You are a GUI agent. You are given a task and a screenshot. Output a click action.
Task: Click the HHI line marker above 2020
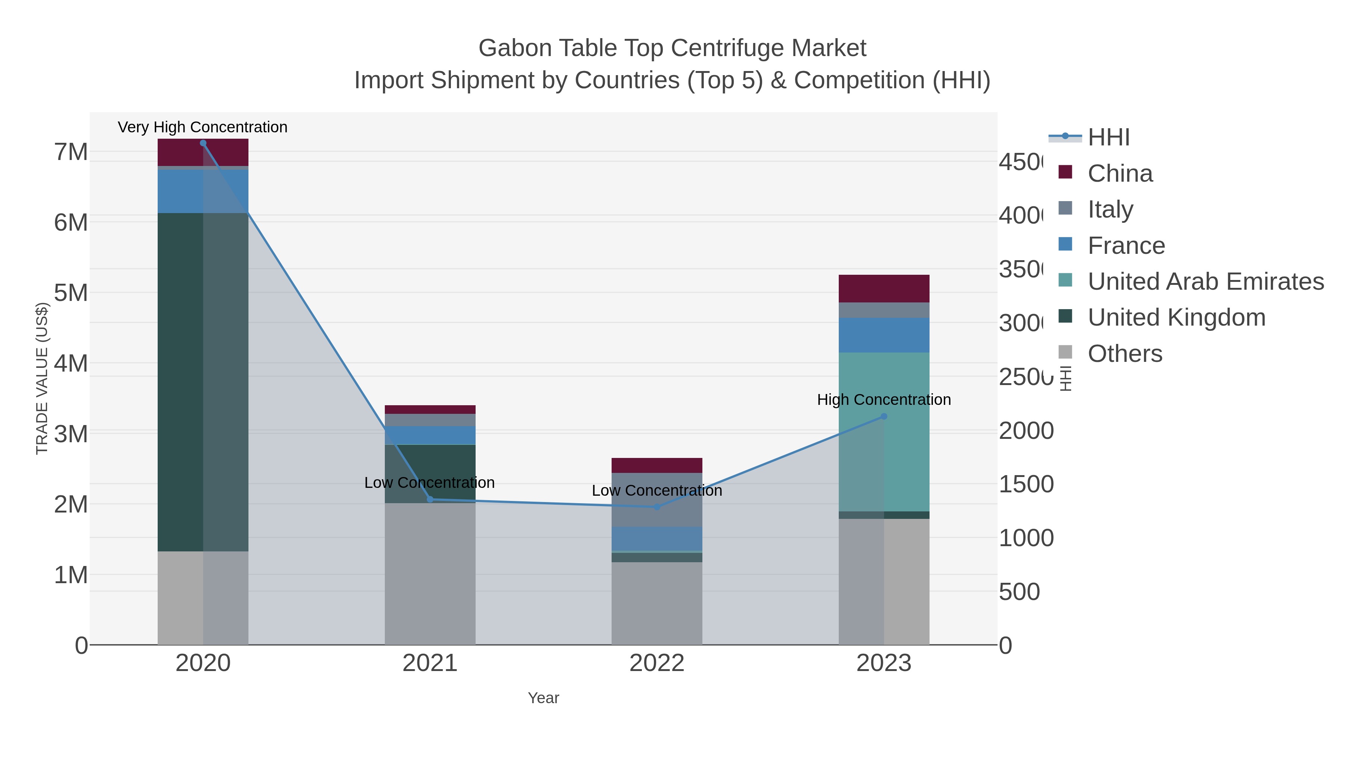[203, 143]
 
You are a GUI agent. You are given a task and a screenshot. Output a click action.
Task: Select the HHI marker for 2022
[657, 507]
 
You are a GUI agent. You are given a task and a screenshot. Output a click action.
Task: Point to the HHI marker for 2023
[884, 416]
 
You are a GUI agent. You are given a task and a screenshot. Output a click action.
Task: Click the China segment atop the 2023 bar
[884, 288]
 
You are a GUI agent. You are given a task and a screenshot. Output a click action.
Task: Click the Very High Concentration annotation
[202, 127]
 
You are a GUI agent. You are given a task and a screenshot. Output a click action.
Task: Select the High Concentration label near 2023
[884, 400]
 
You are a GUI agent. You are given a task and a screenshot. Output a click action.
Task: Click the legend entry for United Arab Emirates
[1205, 281]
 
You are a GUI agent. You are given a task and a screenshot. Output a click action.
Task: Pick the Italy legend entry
[1110, 209]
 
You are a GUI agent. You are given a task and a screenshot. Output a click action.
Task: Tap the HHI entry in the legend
[1108, 138]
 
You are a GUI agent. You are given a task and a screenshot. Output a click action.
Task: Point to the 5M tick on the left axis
[71, 293]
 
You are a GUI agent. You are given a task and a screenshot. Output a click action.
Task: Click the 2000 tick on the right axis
[1026, 431]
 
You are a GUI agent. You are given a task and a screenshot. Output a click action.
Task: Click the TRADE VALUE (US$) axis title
[42, 378]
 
